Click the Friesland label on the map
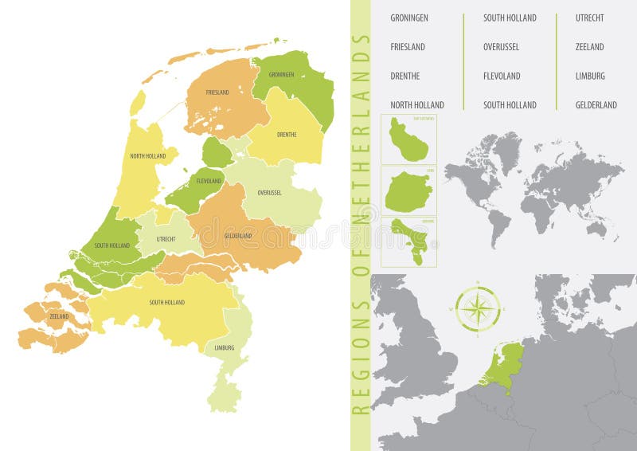tap(217, 92)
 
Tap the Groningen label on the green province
tap(281, 75)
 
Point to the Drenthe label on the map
tap(286, 135)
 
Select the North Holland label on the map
tap(148, 156)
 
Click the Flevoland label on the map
tap(209, 182)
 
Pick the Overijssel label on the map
tap(271, 193)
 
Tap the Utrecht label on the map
tap(166, 238)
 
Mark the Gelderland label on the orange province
tap(238, 236)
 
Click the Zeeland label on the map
tap(60, 316)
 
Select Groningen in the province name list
tap(410, 18)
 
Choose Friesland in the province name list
tap(408, 47)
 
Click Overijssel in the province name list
tap(501, 47)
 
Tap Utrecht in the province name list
tap(590, 18)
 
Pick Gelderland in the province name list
tap(596, 105)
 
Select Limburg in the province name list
tap(590, 76)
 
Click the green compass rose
tap(478, 309)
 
